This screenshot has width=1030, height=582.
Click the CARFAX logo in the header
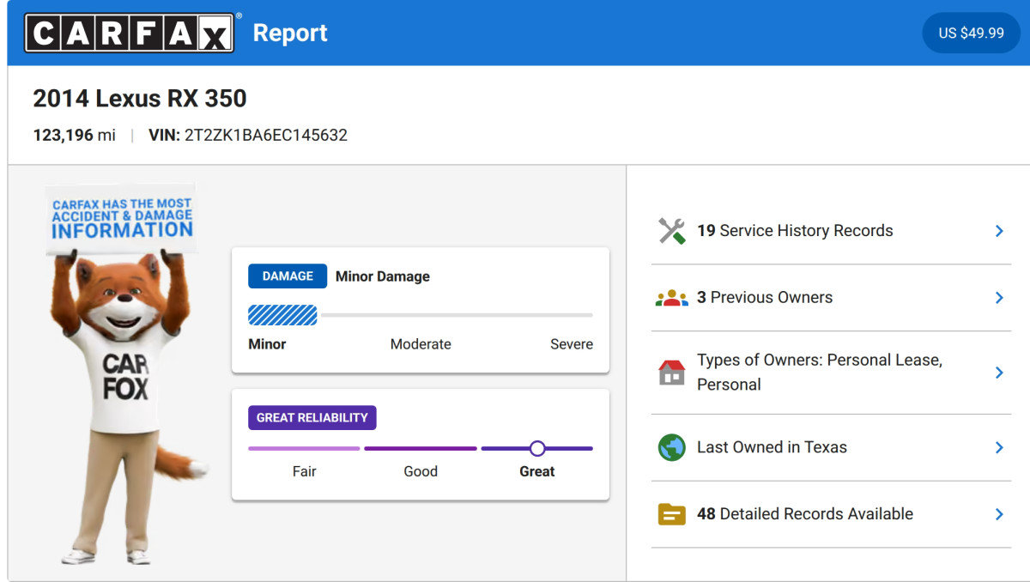[x=130, y=33]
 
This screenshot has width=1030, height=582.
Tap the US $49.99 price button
[x=971, y=33]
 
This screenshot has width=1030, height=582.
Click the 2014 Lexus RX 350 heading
[x=140, y=99]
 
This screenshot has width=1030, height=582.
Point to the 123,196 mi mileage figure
[x=74, y=135]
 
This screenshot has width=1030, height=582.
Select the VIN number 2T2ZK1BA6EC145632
[x=266, y=135]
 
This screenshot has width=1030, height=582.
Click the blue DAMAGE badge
[x=288, y=276]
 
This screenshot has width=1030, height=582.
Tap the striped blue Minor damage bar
[x=282, y=315]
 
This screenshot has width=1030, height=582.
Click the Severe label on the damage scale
[x=572, y=344]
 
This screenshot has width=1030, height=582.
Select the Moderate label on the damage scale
[x=421, y=344]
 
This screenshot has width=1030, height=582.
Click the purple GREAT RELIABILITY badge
[x=312, y=417]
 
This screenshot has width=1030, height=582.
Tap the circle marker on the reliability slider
[x=537, y=448]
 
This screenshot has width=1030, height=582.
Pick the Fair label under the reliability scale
[x=305, y=471]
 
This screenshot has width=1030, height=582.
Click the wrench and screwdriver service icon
[x=672, y=231]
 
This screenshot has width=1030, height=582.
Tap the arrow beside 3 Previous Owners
[x=999, y=298]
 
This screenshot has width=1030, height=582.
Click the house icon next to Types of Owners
[x=672, y=373]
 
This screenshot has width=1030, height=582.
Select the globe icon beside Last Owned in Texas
[x=672, y=447]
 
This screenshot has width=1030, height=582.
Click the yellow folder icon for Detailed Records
[x=672, y=514]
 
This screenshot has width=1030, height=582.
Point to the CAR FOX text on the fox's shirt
[x=125, y=377]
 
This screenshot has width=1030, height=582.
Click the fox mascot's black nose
[x=124, y=297]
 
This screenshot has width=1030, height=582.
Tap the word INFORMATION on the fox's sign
[x=122, y=230]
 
